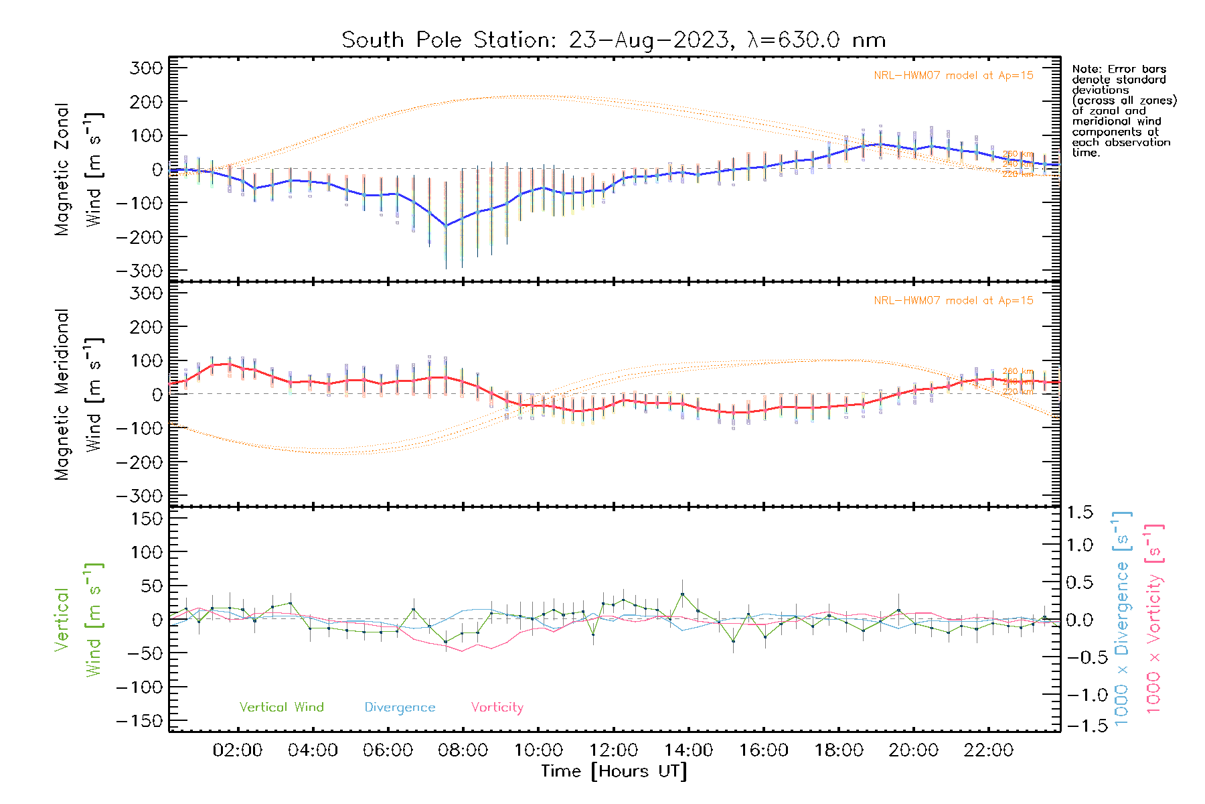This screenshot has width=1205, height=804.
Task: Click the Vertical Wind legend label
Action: [x=281, y=707]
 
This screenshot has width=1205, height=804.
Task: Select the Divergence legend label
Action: [x=400, y=707]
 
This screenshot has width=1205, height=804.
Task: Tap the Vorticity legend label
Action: [x=497, y=707]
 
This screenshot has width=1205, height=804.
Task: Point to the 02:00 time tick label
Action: [x=237, y=750]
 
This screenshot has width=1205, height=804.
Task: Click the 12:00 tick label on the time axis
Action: [x=613, y=750]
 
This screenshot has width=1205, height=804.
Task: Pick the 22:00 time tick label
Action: [x=988, y=750]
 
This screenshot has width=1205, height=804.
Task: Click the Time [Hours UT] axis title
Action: [x=614, y=771]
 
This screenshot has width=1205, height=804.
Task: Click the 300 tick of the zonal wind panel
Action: [x=146, y=68]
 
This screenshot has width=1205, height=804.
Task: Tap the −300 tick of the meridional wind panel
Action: [x=139, y=496]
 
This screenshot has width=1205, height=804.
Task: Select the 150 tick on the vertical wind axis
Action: [x=146, y=519]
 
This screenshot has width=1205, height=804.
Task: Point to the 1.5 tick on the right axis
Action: [x=1080, y=513]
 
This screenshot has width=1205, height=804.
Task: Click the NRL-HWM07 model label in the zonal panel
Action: [x=953, y=76]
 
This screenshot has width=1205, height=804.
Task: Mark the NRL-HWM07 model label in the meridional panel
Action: [x=953, y=301]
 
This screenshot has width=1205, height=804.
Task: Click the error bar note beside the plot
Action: [x=1123, y=111]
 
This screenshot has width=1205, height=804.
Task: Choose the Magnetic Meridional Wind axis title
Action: [x=77, y=394]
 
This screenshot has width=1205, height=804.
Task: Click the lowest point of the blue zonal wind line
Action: [x=446, y=226]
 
